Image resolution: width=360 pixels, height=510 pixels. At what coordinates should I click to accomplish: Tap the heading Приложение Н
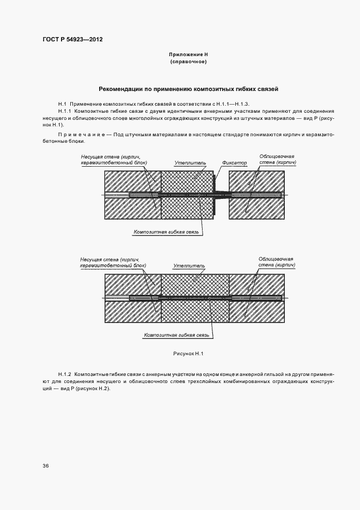coord(188,55)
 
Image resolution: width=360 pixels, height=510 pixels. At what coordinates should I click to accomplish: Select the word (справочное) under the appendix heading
coord(188,62)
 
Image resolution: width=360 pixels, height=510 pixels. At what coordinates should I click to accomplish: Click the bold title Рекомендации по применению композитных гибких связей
coord(188,89)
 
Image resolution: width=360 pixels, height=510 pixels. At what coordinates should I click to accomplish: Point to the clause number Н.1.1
coord(65,111)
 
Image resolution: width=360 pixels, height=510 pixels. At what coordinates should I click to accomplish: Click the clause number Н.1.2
coord(65,374)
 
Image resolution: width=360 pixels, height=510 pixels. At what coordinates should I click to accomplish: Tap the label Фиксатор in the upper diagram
coord(235,163)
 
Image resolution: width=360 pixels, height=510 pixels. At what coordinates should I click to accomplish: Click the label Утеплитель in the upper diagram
coord(190,163)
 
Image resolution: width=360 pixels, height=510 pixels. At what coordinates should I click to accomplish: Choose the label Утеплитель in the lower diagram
coord(189,266)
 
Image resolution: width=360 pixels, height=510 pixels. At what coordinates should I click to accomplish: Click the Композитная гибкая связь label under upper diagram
coord(168,232)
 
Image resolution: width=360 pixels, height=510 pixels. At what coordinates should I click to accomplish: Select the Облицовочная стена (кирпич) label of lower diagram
coord(277,262)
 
